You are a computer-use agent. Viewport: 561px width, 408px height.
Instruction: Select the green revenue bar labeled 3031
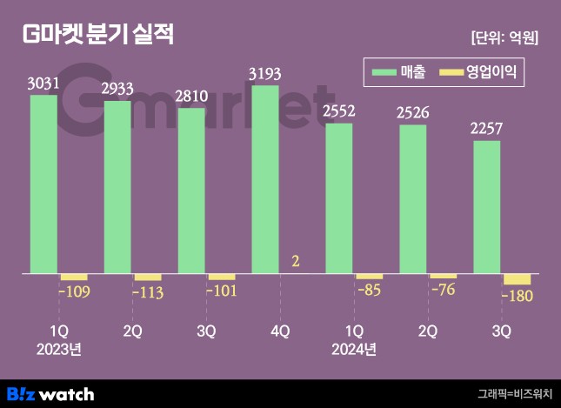tap(43, 184)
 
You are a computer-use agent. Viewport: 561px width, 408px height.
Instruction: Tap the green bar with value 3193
tap(265, 179)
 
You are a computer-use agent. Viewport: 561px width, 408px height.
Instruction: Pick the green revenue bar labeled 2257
tap(486, 207)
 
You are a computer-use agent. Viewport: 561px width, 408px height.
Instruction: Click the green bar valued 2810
tap(191, 191)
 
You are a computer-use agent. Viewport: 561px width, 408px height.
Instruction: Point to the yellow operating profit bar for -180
tap(517, 279)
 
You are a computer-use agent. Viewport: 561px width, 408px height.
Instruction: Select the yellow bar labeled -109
tap(73, 277)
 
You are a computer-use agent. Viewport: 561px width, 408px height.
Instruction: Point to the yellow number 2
tap(296, 261)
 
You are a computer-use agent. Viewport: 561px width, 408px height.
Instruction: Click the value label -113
tap(146, 292)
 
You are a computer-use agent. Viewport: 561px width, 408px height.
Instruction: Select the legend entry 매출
tap(399, 73)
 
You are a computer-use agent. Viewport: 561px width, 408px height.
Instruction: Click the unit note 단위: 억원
tap(504, 37)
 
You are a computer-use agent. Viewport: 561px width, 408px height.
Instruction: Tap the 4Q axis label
tap(280, 331)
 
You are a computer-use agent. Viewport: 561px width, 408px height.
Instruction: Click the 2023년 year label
tap(58, 350)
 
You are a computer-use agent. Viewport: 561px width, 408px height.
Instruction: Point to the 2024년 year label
tap(354, 350)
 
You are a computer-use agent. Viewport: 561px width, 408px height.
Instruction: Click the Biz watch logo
tap(50, 393)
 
